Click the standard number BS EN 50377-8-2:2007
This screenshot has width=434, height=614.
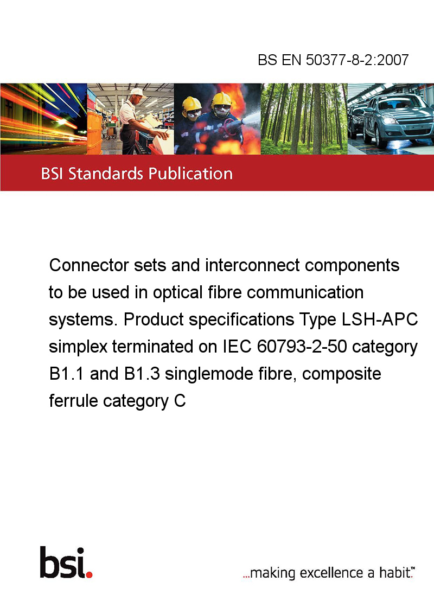(333, 60)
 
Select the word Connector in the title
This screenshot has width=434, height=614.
(89, 265)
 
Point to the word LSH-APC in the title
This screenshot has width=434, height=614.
(380, 319)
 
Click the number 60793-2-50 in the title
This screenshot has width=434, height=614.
(302, 347)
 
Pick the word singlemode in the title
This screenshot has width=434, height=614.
(208, 374)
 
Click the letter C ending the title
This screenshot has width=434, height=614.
(180, 401)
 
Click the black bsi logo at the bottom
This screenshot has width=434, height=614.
(66, 562)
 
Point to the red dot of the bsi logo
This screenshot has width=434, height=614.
(89, 574)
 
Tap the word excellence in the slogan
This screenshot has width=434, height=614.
(331, 573)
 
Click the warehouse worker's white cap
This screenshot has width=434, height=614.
(137, 92)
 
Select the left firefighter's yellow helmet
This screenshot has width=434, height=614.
(192, 104)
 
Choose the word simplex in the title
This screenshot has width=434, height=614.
(78, 347)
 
